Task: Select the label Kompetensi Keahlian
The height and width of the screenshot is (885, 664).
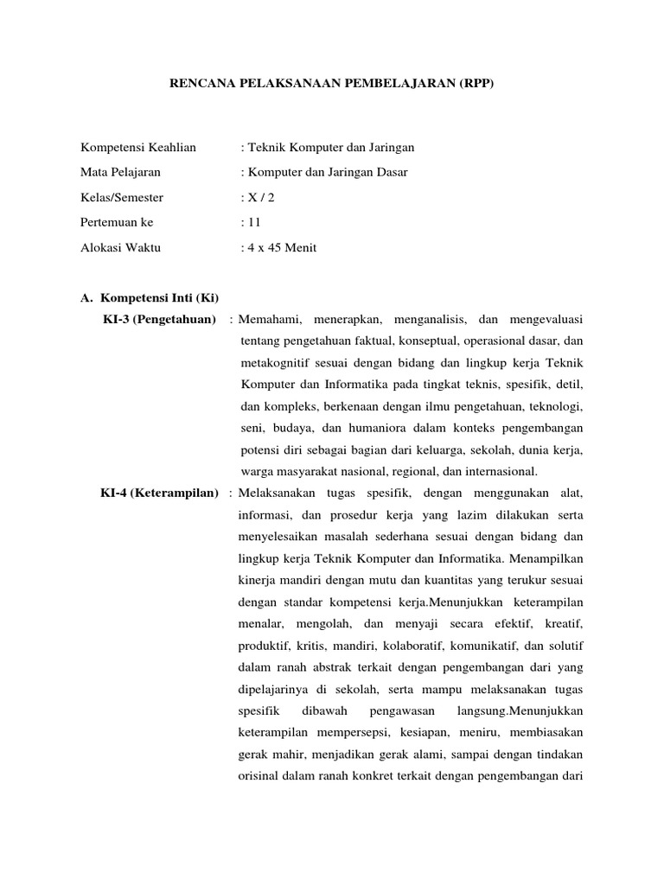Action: tap(138, 147)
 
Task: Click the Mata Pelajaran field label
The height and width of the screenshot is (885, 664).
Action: tap(120, 172)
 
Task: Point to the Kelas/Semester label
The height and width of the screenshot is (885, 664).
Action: tap(122, 197)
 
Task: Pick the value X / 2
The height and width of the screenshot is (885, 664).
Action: tap(260, 197)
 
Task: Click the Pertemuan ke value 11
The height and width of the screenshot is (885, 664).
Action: tap(254, 222)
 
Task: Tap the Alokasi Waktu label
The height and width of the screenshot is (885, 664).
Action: tap(120, 247)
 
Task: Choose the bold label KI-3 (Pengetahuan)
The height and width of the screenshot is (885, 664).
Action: tap(159, 321)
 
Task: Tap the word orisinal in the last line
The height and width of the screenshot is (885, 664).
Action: tap(258, 775)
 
